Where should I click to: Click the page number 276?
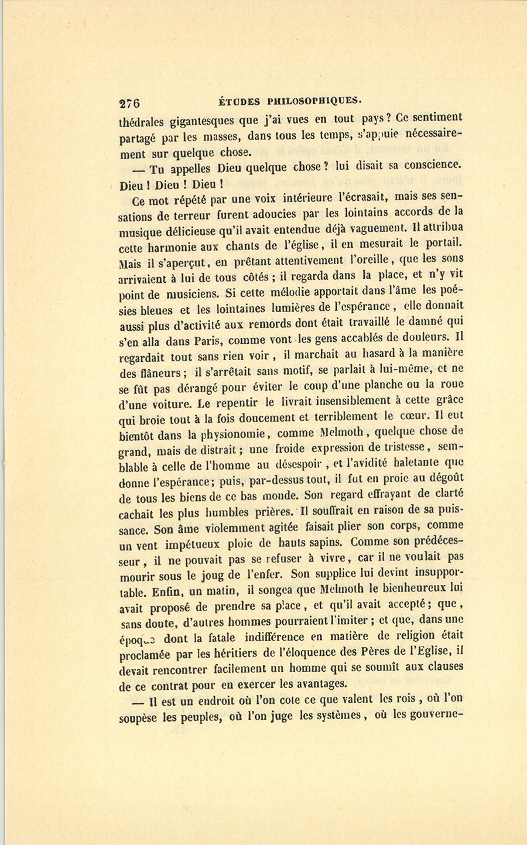[129, 103]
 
